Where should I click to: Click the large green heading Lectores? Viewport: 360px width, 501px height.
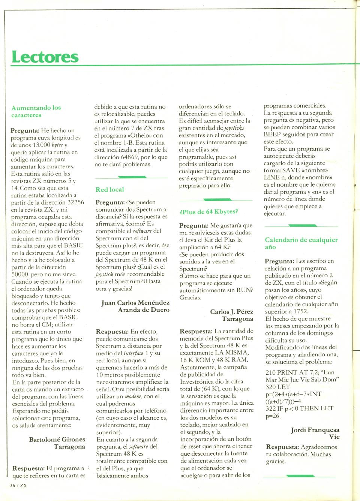(45, 57)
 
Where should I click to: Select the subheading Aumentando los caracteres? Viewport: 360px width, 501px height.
(36, 111)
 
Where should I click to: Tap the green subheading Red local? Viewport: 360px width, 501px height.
(109, 190)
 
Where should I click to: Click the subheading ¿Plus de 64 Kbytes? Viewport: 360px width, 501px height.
(208, 212)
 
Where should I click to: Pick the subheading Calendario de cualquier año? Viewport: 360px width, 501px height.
(301, 243)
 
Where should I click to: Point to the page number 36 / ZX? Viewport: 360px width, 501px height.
(18, 485)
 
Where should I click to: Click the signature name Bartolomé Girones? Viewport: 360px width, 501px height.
(57, 440)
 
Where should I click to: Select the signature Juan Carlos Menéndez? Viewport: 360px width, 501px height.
(135, 303)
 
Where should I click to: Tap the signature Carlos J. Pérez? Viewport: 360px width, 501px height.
(232, 312)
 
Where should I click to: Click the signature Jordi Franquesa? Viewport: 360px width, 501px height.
(315, 430)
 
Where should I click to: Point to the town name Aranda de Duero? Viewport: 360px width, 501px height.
(144, 310)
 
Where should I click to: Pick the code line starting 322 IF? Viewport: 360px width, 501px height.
(299, 408)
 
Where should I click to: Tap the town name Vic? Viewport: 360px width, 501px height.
(334, 437)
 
